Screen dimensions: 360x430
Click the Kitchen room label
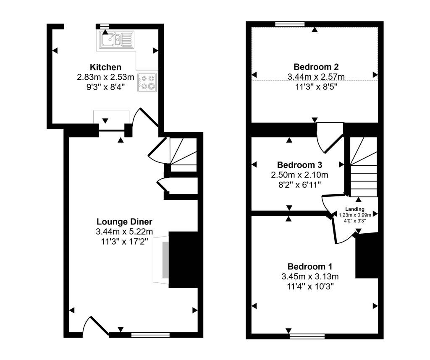(x=105, y=67)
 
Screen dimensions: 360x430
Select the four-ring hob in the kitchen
(x=147, y=82)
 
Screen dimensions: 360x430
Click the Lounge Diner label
(x=124, y=222)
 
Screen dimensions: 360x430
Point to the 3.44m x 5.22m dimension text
(x=124, y=232)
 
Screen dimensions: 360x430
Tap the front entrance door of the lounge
(x=95, y=326)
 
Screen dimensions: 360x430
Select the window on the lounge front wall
(x=150, y=335)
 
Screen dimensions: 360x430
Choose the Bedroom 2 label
(x=316, y=67)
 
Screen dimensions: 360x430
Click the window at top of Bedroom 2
(x=290, y=24)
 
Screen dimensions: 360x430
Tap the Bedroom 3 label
(x=299, y=165)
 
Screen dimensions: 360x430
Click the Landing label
(x=355, y=209)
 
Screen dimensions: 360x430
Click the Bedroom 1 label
(x=310, y=266)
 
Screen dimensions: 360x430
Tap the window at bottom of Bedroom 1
(x=307, y=336)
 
